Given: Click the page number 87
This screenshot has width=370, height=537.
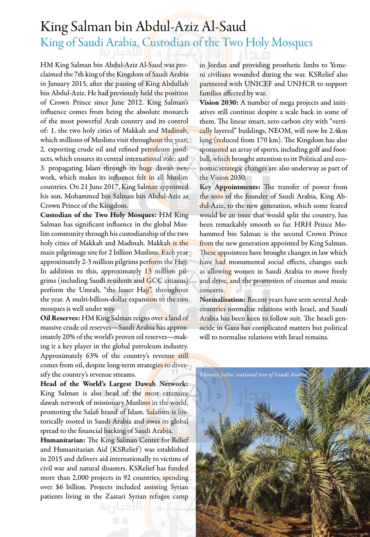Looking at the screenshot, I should click(x=346, y=517).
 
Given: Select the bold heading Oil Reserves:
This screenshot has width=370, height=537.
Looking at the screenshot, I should click(x=60, y=318).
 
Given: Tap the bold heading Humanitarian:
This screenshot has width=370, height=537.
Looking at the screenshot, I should click(x=63, y=440).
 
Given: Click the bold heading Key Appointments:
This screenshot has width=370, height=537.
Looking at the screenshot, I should click(x=230, y=187).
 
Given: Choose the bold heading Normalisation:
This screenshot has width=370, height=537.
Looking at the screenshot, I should click(x=222, y=299).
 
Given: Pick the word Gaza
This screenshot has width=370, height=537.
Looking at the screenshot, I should click(x=232, y=328).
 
